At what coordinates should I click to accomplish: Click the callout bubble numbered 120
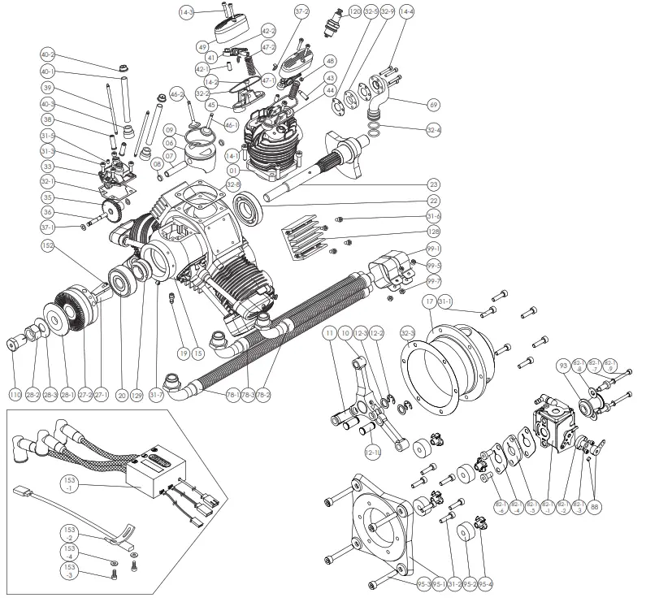355,12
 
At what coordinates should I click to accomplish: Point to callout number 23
433,184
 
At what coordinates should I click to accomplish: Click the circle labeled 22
433,201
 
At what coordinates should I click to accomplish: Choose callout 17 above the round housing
429,304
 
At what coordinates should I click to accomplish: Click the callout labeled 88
596,505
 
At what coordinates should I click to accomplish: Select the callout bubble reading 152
49,244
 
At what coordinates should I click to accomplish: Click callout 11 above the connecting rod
329,334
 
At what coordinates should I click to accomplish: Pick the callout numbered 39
48,89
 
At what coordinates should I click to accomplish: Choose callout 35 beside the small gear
48,197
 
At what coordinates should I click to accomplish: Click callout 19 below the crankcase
184,353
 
